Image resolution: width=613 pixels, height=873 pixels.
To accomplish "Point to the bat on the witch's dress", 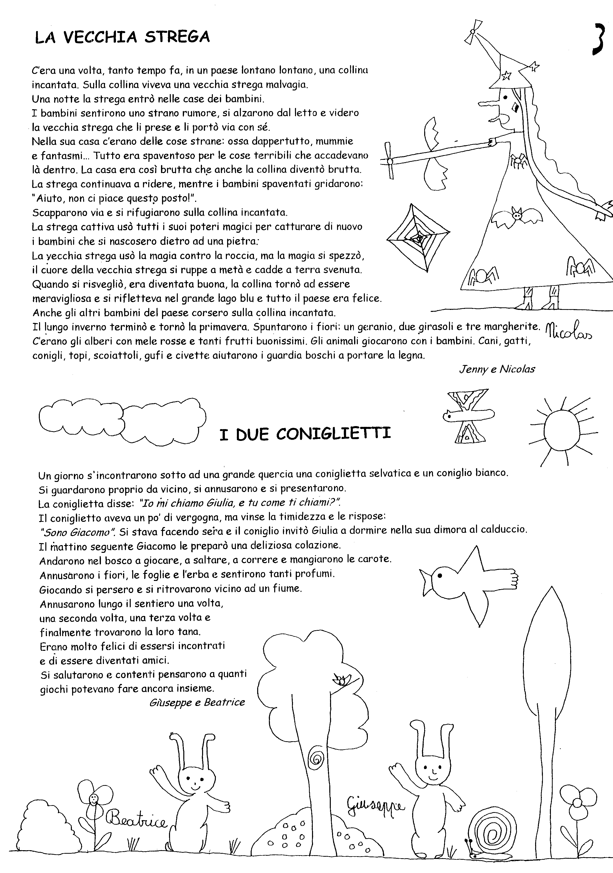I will pos(517,216).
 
